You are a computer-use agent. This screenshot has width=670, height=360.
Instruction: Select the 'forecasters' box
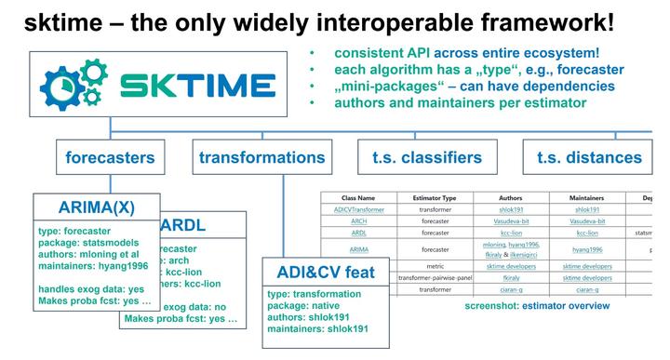pos(110,157)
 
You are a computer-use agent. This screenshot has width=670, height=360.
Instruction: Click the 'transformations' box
pos(262,157)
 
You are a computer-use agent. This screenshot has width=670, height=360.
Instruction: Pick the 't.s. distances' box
pos(589,157)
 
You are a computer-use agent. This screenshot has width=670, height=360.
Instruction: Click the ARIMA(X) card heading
pos(96,207)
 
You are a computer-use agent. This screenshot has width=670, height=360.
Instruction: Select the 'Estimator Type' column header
pos(428,198)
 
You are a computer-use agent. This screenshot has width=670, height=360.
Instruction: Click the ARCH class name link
pos(358,221)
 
